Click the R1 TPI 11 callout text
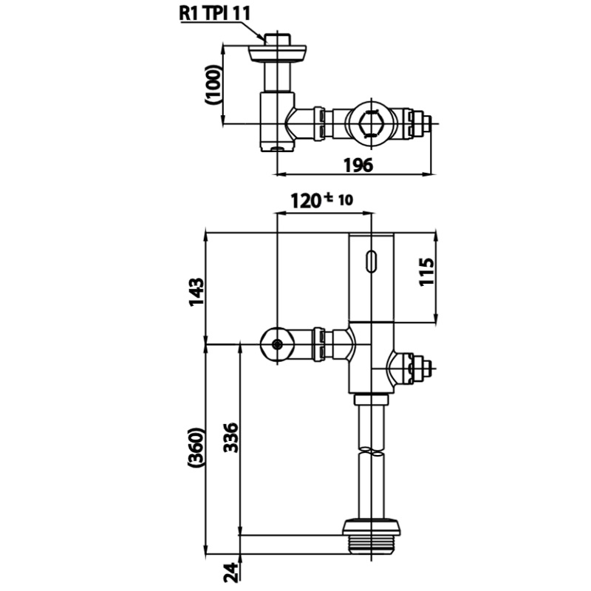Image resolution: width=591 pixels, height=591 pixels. coord(214,14)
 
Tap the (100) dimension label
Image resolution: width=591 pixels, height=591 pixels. coord(213,85)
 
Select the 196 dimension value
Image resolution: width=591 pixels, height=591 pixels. coord(358,165)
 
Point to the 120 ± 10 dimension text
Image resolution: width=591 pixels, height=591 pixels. coord(322,200)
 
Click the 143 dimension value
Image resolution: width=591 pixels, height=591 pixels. coord(197,292)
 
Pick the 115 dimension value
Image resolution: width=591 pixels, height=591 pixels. coord(427,272)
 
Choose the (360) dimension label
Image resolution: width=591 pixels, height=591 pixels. coord(197,448)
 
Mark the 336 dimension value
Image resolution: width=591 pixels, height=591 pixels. coord(230,437)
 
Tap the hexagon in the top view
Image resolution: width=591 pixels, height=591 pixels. coord(372,123)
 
